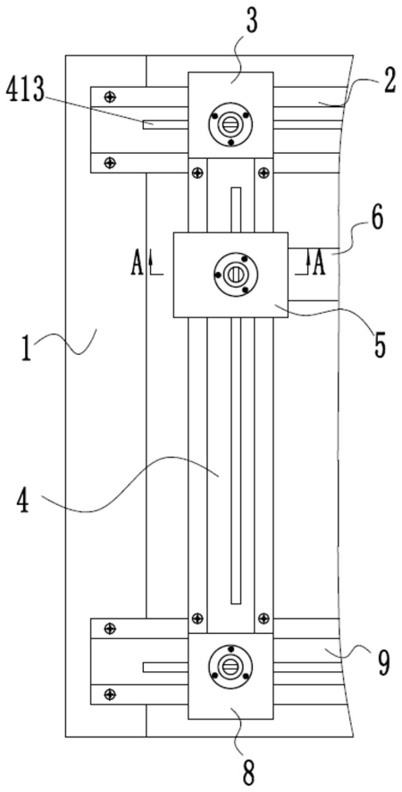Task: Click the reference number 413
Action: point(25,93)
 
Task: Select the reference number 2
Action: point(388,83)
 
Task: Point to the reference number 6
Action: point(376,219)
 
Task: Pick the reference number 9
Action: point(383,664)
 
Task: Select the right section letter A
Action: point(318,264)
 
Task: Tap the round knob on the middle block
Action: point(236,274)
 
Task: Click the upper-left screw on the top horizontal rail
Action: point(109,97)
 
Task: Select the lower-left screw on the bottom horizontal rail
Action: point(109,694)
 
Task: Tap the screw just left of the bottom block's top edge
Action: point(109,628)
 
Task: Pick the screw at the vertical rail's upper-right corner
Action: point(264,173)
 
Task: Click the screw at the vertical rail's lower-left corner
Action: point(197,617)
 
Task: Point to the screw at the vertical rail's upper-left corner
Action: point(197,173)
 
